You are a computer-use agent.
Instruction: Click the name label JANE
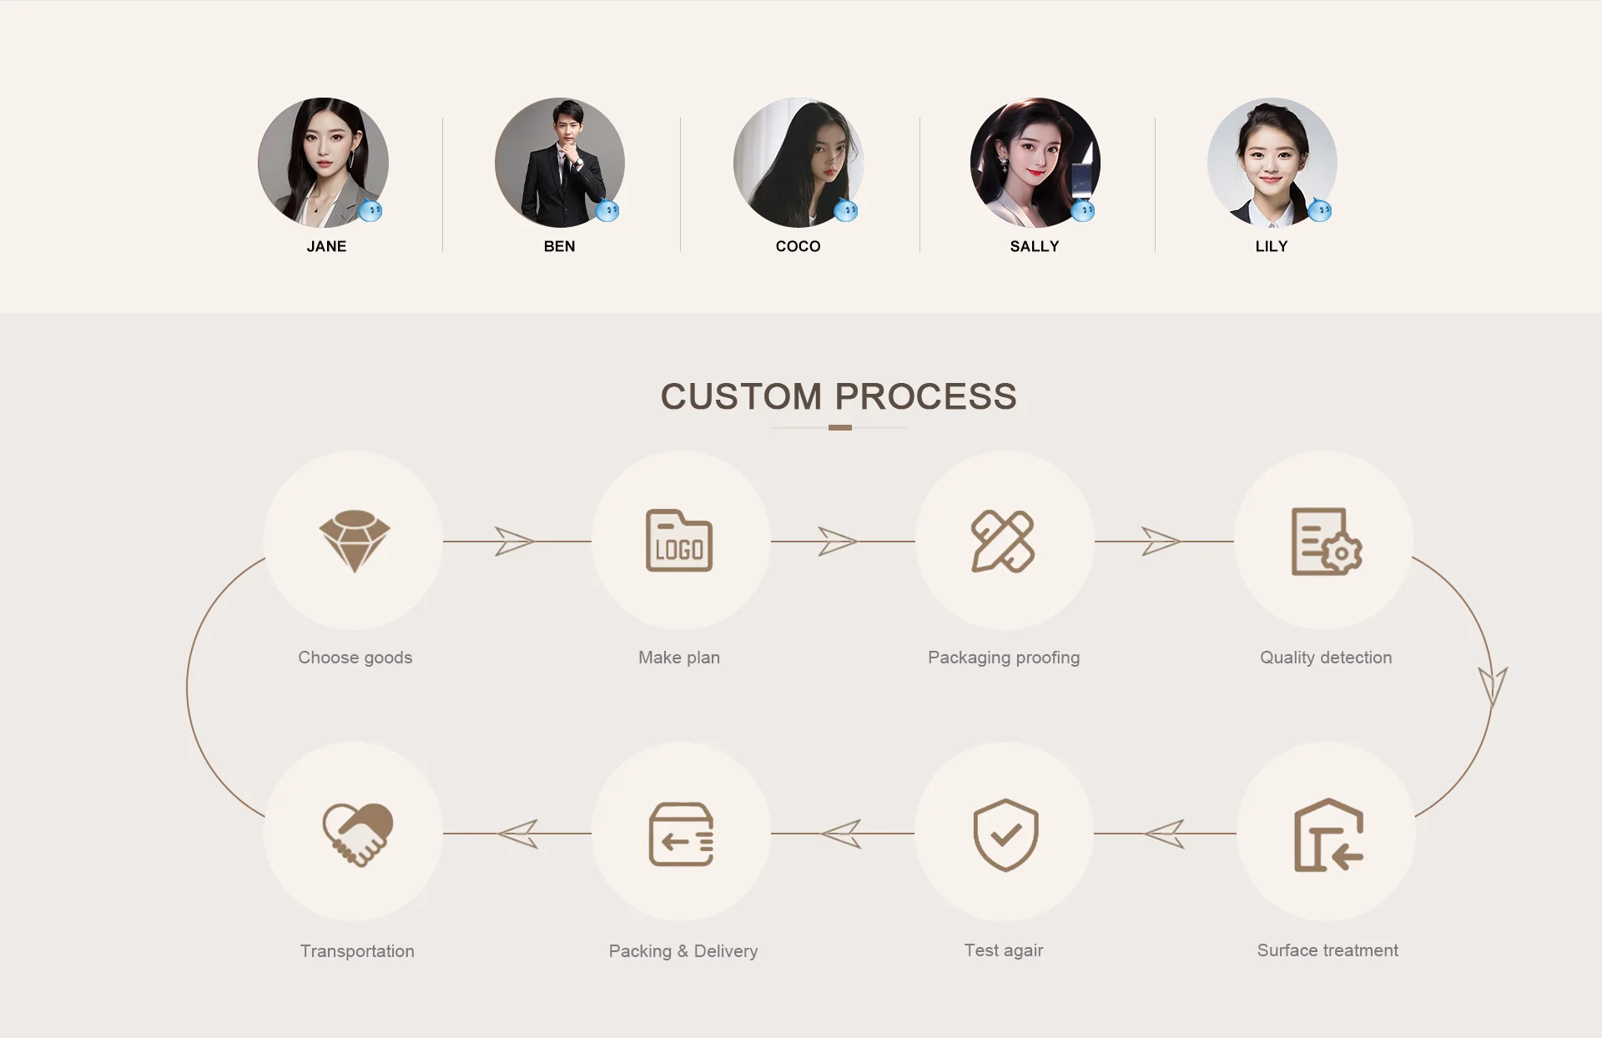[326, 246]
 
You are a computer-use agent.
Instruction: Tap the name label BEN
[559, 246]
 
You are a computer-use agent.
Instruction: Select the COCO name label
[798, 246]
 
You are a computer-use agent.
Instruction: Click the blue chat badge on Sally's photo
[1083, 210]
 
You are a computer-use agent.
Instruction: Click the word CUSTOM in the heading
[741, 396]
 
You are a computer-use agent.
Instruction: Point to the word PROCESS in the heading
[925, 396]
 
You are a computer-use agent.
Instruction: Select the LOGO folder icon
[679, 541]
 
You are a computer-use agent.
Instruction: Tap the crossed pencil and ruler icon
[1003, 542]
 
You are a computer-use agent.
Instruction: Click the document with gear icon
[1326, 542]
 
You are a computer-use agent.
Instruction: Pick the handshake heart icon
[357, 834]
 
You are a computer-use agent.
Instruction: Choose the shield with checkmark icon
[1005, 834]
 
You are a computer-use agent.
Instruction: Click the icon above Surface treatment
[1327, 835]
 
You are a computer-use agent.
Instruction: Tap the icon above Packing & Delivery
[681, 834]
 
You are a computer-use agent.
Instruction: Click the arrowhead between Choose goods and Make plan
[513, 542]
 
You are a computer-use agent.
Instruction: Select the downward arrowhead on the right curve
[1493, 686]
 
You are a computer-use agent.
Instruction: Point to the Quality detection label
[1326, 658]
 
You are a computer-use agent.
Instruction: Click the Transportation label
[357, 951]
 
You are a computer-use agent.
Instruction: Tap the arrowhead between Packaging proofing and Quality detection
[1161, 542]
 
